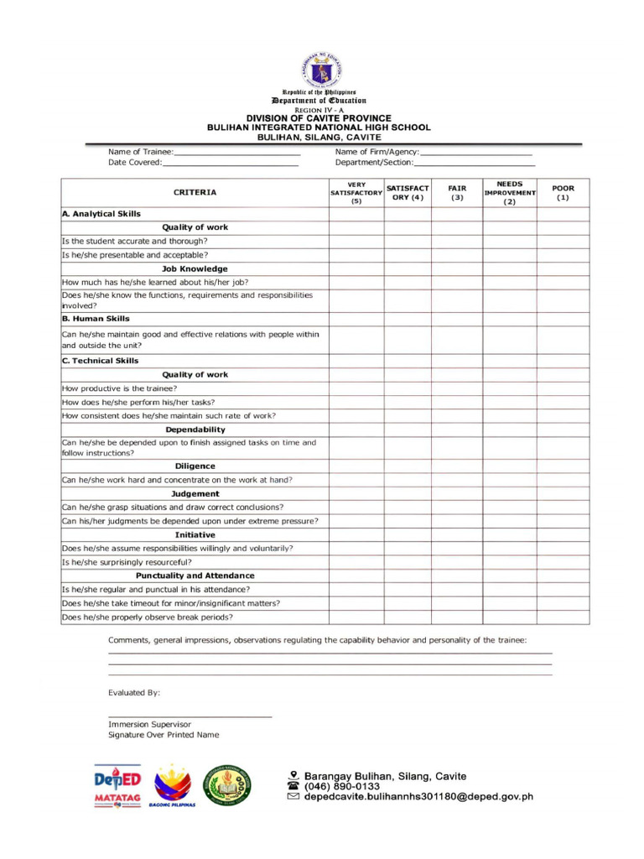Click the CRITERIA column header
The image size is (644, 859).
(195, 192)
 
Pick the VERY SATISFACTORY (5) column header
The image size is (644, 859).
(356, 192)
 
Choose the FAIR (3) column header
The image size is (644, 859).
(457, 193)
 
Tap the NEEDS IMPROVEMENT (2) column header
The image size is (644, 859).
(510, 192)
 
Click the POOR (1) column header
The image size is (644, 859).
(563, 193)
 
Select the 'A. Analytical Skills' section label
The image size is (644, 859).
(101, 214)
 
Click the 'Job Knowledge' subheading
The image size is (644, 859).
(195, 269)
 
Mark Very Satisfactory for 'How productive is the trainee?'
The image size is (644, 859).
(356, 388)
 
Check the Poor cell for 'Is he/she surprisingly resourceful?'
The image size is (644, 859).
(563, 562)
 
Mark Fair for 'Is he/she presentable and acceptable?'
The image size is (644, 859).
(457, 255)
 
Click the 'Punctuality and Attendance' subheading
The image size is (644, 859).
(195, 575)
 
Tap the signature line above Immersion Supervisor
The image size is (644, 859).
(190, 716)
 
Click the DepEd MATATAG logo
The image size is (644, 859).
(117, 786)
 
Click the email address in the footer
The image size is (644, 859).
(418, 798)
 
